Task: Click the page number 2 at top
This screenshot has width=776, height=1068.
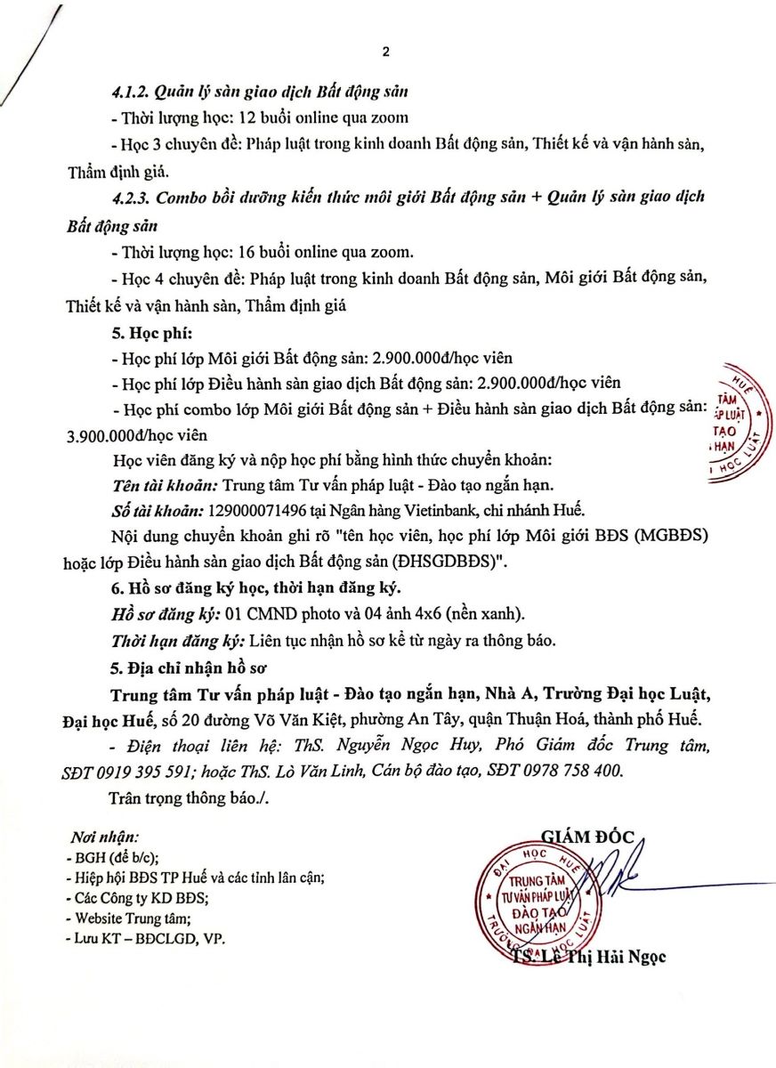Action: tap(385, 53)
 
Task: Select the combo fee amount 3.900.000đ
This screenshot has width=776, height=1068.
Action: tap(104, 436)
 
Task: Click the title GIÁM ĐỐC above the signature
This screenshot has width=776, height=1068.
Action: tap(586, 835)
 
